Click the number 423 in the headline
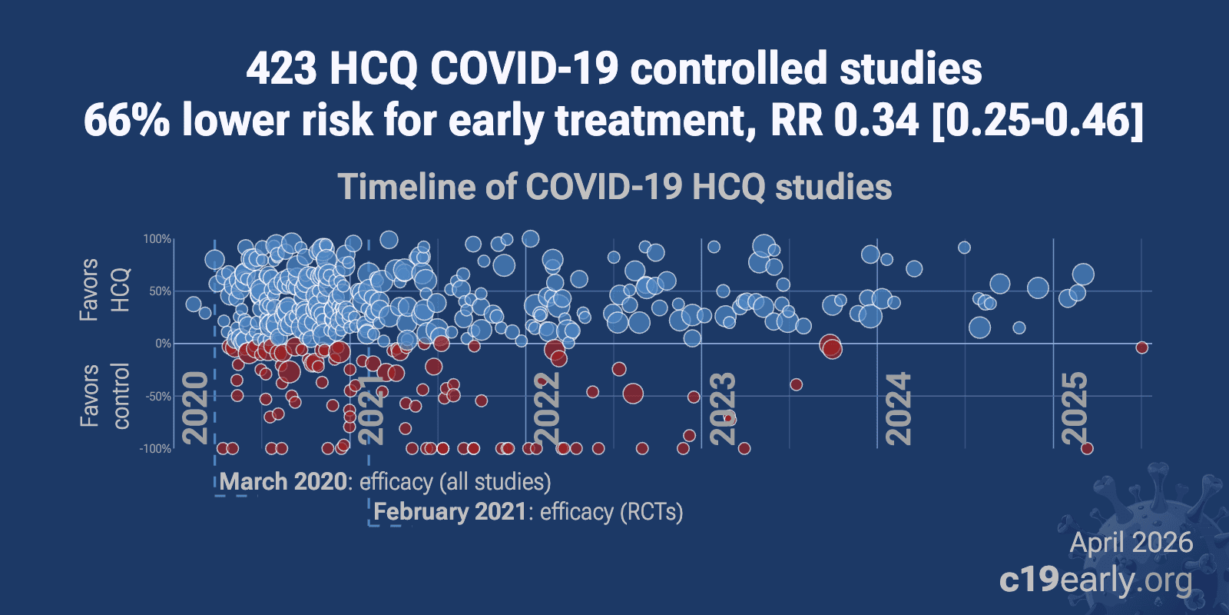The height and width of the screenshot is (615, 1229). click(281, 69)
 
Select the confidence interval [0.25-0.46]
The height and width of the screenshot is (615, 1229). click(1037, 121)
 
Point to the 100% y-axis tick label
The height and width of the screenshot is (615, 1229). click(157, 239)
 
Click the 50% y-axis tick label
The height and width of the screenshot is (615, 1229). click(160, 291)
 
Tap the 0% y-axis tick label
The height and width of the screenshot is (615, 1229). click(163, 344)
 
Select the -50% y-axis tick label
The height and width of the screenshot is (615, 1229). click(157, 397)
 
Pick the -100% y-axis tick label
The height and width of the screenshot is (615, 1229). click(155, 449)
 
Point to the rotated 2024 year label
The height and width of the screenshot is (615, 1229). click(899, 407)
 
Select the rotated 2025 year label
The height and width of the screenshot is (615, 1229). click(1075, 407)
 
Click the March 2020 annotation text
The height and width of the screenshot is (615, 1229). click(283, 482)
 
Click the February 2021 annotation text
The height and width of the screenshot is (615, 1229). click(450, 512)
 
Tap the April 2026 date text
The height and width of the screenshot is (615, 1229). click(1131, 543)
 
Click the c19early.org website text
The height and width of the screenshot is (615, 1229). click(1096, 580)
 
